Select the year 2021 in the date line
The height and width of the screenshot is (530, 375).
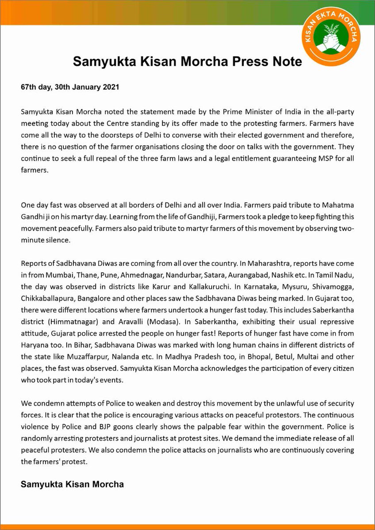[x=110, y=87]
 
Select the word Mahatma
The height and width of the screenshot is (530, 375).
[x=339, y=206]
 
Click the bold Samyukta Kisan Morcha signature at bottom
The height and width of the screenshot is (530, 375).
[x=72, y=485]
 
